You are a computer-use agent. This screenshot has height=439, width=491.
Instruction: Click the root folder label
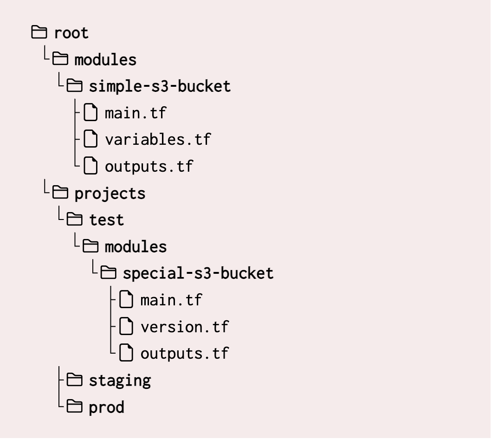point(71,33)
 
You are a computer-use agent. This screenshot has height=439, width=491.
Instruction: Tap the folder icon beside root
point(39,32)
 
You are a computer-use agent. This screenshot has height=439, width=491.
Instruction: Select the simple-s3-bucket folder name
point(160,86)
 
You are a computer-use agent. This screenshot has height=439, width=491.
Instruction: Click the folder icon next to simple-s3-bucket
point(74,86)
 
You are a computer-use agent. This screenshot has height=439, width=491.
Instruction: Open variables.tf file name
point(158,140)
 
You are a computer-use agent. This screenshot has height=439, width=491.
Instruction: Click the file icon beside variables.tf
point(90,139)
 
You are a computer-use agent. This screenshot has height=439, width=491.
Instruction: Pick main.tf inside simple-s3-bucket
point(136,113)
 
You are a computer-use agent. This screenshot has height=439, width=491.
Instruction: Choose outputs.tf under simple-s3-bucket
point(149,166)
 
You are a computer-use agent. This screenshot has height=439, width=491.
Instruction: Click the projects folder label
point(110,194)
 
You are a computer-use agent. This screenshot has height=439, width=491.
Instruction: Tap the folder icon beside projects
point(60,193)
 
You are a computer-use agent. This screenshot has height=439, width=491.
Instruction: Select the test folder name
point(106,219)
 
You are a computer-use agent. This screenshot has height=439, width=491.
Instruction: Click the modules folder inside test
point(136,246)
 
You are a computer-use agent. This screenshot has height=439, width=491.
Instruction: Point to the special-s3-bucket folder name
point(198,273)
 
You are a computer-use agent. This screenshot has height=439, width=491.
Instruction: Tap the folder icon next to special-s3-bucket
point(109,273)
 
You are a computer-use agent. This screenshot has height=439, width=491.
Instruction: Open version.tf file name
point(184,327)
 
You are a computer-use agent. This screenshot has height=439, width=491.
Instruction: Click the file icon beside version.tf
point(125,326)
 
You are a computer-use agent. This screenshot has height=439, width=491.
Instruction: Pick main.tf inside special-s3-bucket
point(171,300)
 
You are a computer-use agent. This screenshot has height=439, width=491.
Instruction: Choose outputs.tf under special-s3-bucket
point(184,353)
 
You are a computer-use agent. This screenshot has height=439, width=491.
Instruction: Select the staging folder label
point(120,381)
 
